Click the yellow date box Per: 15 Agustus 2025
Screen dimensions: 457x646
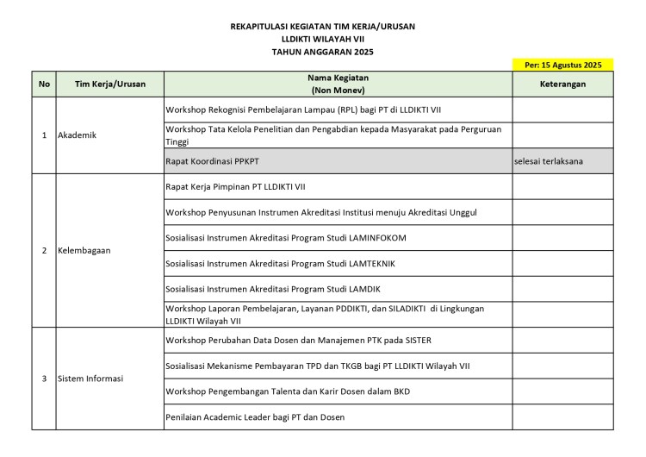click(x=562, y=65)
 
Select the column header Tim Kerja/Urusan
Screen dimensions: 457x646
click(x=110, y=84)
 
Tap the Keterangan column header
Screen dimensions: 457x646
click(x=562, y=84)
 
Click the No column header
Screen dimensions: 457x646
click(x=44, y=84)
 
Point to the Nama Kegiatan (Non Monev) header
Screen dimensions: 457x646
click(x=338, y=84)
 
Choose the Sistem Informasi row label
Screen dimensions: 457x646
click(x=90, y=379)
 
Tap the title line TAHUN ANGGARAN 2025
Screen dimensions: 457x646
click(x=323, y=52)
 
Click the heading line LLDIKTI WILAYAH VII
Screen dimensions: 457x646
click(x=323, y=39)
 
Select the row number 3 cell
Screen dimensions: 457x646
click(x=44, y=379)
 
